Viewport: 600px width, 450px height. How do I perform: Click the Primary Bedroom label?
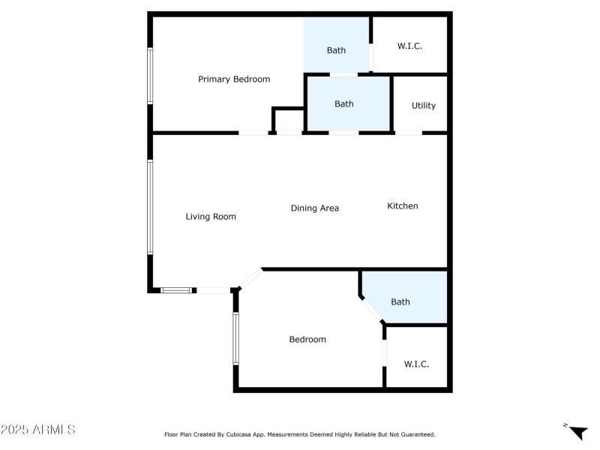tap(234, 79)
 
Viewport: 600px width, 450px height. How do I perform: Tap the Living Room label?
tap(211, 217)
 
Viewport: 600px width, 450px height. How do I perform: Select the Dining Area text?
tap(315, 208)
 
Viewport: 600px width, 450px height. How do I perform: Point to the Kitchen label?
tap(403, 205)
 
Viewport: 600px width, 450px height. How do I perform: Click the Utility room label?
tap(424, 106)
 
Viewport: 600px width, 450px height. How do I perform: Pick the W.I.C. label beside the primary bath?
tap(409, 46)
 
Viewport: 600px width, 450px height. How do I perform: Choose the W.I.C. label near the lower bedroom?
tap(416, 364)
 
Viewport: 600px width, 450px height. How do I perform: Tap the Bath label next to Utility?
tap(344, 104)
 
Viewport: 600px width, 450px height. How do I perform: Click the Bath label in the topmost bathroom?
tap(336, 50)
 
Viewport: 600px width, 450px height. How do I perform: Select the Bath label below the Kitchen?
tap(400, 301)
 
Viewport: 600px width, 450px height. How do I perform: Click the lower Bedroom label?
tap(307, 339)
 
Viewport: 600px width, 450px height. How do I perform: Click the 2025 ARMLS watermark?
tap(37, 430)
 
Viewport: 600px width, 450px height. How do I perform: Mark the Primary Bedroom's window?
tap(150, 76)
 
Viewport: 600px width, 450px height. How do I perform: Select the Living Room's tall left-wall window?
tap(150, 207)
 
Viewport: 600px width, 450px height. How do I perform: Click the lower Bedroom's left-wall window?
tap(235, 338)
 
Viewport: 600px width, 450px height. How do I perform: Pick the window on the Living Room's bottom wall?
tap(178, 289)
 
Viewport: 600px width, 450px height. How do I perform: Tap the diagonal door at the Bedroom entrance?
tap(250, 279)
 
